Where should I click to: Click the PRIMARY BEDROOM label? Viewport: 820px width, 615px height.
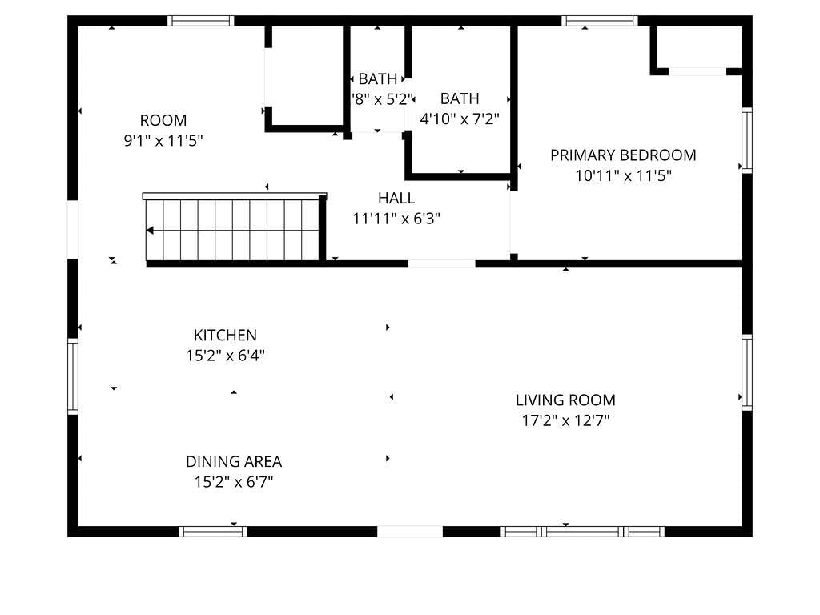click(x=623, y=155)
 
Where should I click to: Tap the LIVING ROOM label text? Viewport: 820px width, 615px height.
click(x=565, y=400)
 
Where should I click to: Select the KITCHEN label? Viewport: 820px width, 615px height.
click(x=225, y=336)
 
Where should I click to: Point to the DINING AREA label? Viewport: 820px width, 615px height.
click(x=234, y=462)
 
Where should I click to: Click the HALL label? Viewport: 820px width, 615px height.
click(x=396, y=199)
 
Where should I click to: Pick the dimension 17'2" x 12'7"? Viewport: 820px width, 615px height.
click(x=565, y=420)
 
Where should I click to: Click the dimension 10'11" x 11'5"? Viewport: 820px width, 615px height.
click(x=623, y=175)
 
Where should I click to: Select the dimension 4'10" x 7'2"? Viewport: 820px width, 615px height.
click(x=460, y=119)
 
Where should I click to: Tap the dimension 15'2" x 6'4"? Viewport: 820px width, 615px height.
click(x=225, y=356)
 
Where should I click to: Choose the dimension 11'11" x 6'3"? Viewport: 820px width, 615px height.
click(x=396, y=219)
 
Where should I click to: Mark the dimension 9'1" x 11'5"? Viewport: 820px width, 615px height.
click(x=163, y=141)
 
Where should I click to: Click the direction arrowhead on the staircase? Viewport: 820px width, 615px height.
click(x=150, y=230)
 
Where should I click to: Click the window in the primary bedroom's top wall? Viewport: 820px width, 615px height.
click(x=600, y=21)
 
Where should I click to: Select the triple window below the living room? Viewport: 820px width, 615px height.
click(x=583, y=532)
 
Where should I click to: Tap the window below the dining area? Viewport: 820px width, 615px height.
click(x=213, y=532)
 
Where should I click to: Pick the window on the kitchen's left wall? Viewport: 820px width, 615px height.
click(x=73, y=376)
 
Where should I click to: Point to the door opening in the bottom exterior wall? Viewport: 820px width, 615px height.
click(x=410, y=532)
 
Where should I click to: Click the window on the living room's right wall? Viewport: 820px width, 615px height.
click(x=747, y=372)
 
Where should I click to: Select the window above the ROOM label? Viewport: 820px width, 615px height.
click(x=201, y=21)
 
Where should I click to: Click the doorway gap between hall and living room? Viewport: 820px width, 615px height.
click(x=442, y=264)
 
